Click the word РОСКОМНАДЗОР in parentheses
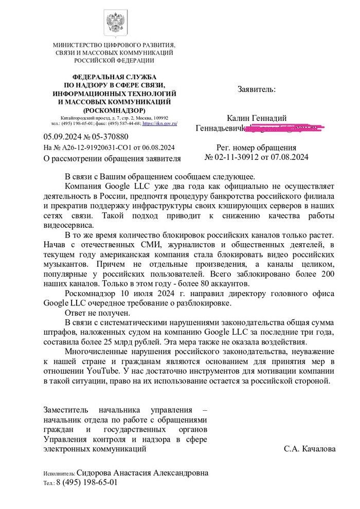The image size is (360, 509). point(114,111)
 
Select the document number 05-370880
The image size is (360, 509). point(109,137)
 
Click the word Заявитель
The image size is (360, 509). point(256,89)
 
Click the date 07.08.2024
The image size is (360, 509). point(290,157)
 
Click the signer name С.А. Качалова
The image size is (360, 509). point(310,449)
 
